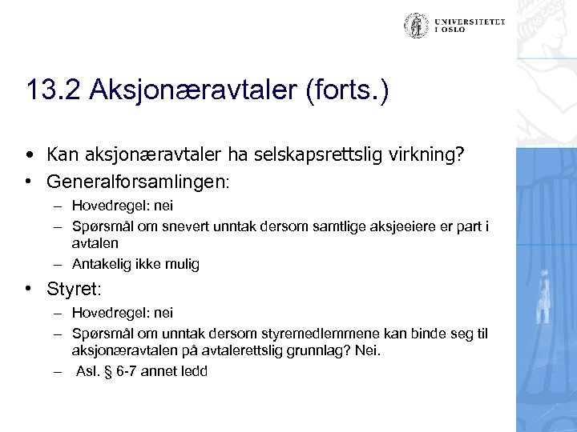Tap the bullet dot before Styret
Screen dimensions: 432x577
click(x=29, y=286)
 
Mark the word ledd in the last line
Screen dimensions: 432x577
click(x=195, y=371)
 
